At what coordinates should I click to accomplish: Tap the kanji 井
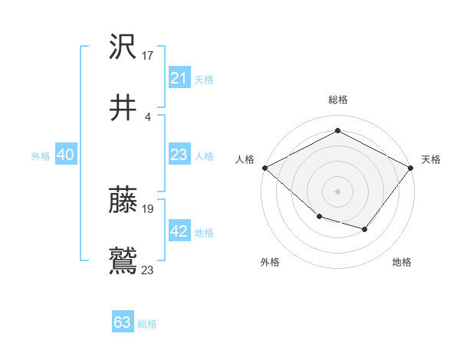pyautogui.click(x=123, y=107)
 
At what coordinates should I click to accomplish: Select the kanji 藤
pyautogui.click(x=123, y=200)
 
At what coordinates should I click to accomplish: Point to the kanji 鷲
pyautogui.click(x=123, y=260)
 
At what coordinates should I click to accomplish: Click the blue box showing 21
pyautogui.click(x=179, y=78)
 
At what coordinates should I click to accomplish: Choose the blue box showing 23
pyautogui.click(x=179, y=155)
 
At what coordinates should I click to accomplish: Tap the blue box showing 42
pyautogui.click(x=179, y=231)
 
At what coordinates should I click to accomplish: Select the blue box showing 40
pyautogui.click(x=65, y=155)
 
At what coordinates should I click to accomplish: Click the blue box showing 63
pyautogui.click(x=123, y=322)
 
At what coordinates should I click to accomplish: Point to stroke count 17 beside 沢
pyautogui.click(x=148, y=56)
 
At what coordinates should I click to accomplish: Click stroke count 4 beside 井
pyautogui.click(x=147, y=117)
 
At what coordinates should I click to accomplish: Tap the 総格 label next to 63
pyautogui.click(x=147, y=324)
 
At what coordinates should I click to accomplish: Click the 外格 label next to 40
pyautogui.click(x=41, y=156)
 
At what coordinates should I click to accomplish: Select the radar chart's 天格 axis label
pyautogui.click(x=431, y=159)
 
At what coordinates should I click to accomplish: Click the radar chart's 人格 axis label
pyautogui.click(x=245, y=159)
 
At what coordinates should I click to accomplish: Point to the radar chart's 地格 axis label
pyautogui.click(x=402, y=262)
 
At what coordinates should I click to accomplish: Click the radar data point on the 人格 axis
pyautogui.click(x=264, y=167)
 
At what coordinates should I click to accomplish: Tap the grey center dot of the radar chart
pyautogui.click(x=337, y=191)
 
